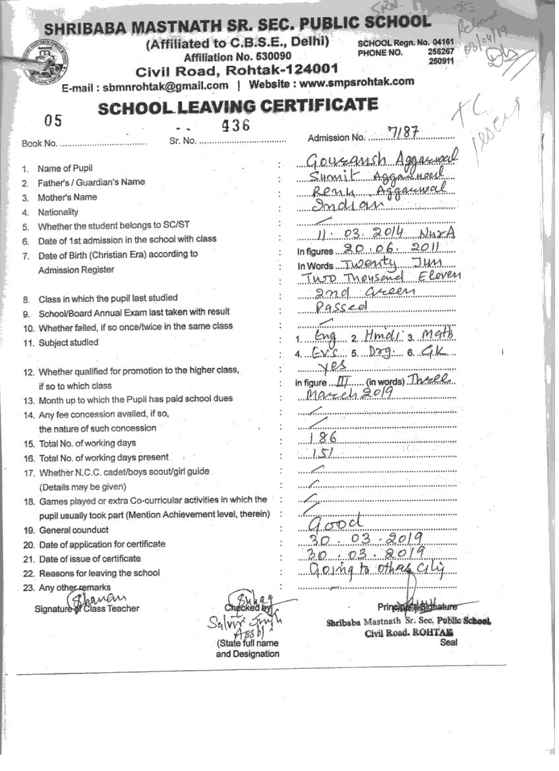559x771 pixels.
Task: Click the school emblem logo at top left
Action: pos(44,61)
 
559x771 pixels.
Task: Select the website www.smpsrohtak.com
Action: pos(364,82)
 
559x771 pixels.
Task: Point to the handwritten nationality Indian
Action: pos(337,205)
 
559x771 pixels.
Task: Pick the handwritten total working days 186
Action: pos(324,439)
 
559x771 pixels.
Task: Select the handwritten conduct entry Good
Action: pos(336,522)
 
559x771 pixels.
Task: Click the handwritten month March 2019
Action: pos(349,395)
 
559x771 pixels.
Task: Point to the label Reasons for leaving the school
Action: pos(99,572)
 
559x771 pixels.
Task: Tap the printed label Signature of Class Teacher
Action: pos(87,609)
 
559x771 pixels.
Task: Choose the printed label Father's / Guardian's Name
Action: pos(91,182)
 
